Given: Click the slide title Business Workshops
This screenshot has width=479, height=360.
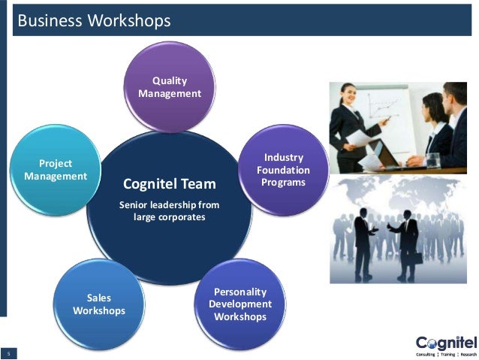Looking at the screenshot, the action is coord(95,20).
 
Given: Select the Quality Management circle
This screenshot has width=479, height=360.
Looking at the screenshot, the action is coord(170,86).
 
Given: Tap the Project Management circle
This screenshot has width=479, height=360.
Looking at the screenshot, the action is coord(56,169).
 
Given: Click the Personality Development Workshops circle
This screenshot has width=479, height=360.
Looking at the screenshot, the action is coord(239,304).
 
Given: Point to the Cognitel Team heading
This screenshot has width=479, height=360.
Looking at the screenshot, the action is coord(169,184).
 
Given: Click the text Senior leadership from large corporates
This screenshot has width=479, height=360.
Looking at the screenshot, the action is coord(169,211).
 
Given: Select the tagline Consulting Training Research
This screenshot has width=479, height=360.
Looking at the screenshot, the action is coord(446,353).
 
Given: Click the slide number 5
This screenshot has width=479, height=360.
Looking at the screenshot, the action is coord(9,353).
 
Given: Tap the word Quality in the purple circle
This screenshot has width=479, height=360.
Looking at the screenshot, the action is coord(170,80).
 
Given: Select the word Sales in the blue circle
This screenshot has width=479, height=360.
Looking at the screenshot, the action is coord(99,298).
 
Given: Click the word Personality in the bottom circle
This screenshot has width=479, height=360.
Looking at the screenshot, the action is coord(239,292).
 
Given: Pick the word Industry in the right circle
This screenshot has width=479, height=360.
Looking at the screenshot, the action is coord(283,157).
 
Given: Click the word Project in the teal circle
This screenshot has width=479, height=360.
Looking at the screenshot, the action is coord(56,163).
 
